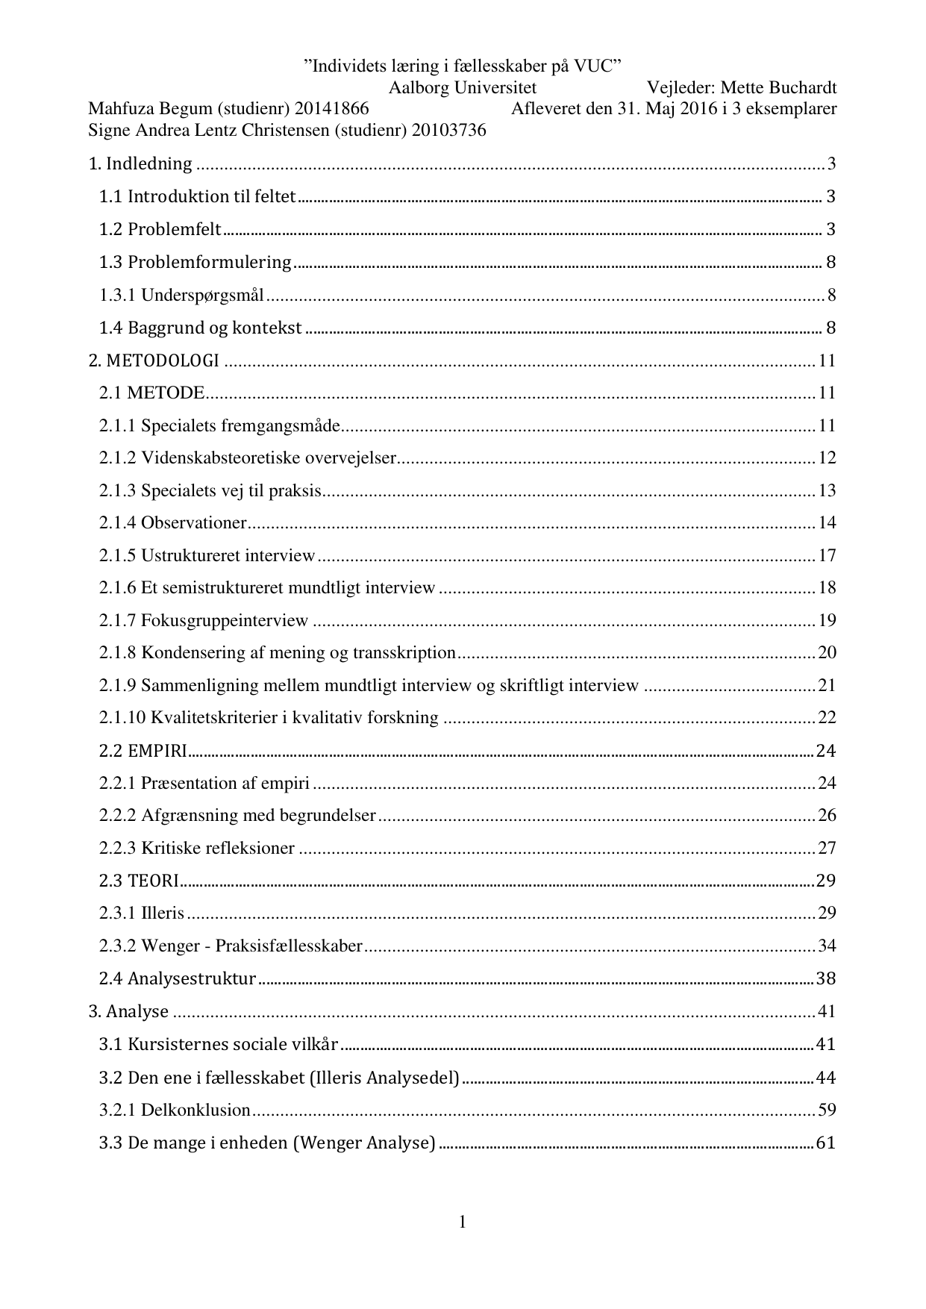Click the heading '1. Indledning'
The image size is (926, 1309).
(x=140, y=164)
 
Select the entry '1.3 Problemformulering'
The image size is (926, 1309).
(x=195, y=262)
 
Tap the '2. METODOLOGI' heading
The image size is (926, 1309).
(x=154, y=361)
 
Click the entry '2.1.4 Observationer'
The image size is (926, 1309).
(x=172, y=522)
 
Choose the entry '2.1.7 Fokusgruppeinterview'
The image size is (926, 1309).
(x=204, y=620)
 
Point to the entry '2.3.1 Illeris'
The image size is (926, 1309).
(x=142, y=913)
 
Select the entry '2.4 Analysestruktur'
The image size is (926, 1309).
(x=178, y=978)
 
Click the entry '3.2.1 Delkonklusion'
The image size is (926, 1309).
(x=175, y=1110)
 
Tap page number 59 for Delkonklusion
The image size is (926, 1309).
(x=827, y=1110)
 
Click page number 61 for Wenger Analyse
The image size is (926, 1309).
(x=826, y=1143)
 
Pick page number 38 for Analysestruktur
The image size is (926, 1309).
(x=826, y=978)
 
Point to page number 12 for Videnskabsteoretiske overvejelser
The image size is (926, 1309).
(x=827, y=457)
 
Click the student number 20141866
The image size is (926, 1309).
(x=332, y=109)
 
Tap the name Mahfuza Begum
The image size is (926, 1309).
(x=150, y=109)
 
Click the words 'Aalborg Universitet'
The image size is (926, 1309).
(x=463, y=88)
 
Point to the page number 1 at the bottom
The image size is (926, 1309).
(x=463, y=1222)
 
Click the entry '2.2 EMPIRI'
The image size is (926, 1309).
(x=143, y=751)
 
